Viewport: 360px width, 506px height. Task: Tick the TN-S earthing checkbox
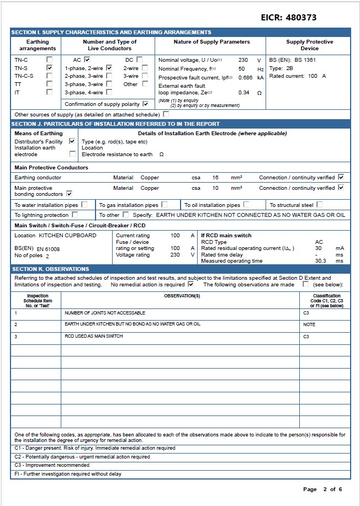click(50, 68)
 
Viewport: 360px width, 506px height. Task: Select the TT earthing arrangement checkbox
click(50, 84)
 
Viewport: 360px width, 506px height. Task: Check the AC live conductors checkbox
click(87, 60)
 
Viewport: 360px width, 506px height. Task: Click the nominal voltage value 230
click(243, 60)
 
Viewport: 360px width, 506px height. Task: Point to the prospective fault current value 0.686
click(245, 78)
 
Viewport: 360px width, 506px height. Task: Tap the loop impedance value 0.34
click(244, 93)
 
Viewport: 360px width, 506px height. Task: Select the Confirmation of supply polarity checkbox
click(145, 104)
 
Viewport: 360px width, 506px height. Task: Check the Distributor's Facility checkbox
click(72, 141)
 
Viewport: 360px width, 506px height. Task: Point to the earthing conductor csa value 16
click(215, 178)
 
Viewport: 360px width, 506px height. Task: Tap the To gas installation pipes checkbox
click(164, 205)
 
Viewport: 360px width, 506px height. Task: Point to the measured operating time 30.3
click(320, 261)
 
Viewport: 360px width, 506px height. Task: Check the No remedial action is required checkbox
click(190, 285)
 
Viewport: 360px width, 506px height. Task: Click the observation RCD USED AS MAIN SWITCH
click(93, 337)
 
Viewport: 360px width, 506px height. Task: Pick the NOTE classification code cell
click(309, 324)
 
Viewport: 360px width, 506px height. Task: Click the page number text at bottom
click(322, 489)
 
